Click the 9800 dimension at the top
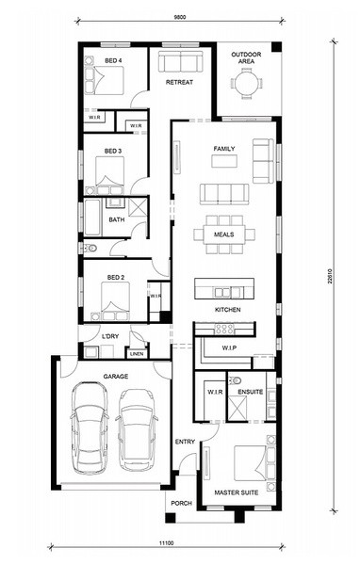point(180,17)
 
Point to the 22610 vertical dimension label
point(330,276)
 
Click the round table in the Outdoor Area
point(247,85)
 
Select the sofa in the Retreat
point(179,61)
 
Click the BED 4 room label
point(113,60)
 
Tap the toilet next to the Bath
point(90,249)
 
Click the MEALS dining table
point(224,234)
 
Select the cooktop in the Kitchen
point(224,329)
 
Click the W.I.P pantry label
point(229,348)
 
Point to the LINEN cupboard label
point(137,354)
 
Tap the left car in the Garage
point(90,428)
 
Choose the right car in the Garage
point(137,430)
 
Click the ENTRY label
point(185,442)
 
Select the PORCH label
point(182,503)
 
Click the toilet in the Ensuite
point(237,379)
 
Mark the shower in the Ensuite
point(237,407)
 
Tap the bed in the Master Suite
point(252,462)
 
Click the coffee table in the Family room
point(224,161)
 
